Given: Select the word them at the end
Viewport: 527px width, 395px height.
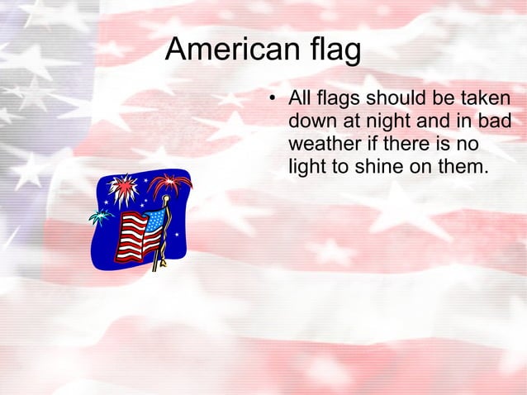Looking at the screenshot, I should click(459, 166).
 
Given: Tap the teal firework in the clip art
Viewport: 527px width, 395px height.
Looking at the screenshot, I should click(100, 217).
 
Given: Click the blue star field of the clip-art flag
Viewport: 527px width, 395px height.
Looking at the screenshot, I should click(154, 220).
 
